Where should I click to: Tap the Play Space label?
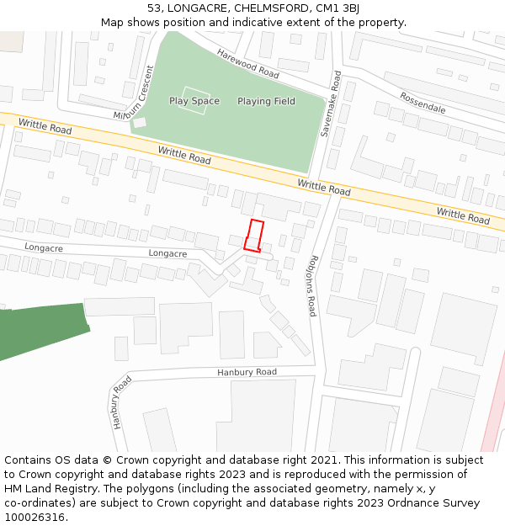(194, 101)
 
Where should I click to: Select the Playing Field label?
(266, 101)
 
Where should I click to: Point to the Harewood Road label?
(247, 63)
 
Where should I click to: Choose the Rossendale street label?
(423, 103)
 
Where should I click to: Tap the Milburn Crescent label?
(134, 103)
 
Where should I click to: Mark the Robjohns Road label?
(312, 285)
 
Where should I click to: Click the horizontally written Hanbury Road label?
(247, 372)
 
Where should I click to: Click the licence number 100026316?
(35, 518)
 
